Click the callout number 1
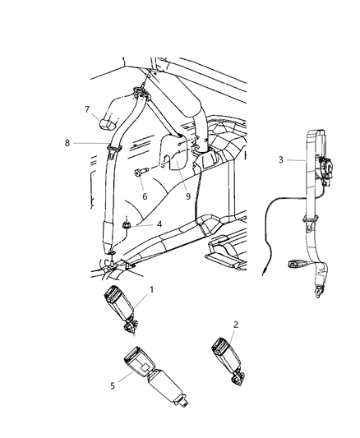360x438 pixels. [150, 290]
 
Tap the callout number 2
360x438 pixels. [235, 325]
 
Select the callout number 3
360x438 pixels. [280, 159]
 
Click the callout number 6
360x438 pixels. [145, 196]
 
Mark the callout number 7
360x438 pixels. [87, 108]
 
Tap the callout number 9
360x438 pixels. [188, 196]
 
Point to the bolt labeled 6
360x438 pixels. [138, 173]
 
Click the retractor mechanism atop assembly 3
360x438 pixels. [325, 168]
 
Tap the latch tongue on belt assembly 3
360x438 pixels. [296, 265]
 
